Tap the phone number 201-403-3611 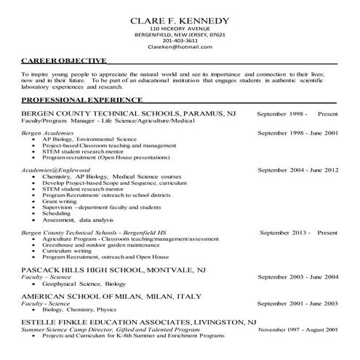click(180, 41)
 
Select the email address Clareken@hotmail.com click(180, 47)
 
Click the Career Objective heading click(64, 61)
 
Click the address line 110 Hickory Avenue click(180, 28)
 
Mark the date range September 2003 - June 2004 click(298, 277)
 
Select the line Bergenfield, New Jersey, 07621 click(180, 34)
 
